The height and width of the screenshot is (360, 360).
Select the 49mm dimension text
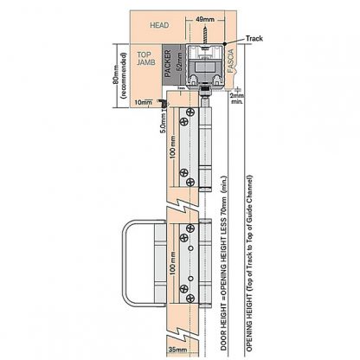pos(205,19)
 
